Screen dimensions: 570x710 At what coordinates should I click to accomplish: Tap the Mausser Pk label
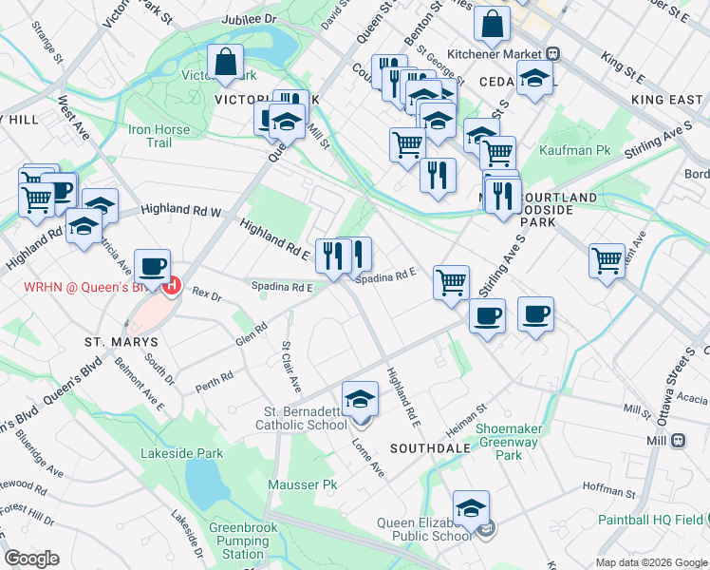[x=316, y=484]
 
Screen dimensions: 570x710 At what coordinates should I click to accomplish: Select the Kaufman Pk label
[x=574, y=150]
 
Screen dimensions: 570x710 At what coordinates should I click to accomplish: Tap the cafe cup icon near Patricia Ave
[x=152, y=266]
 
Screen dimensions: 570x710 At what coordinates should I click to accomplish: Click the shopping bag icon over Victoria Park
[x=225, y=63]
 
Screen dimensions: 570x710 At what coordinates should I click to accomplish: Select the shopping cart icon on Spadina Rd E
[x=451, y=282]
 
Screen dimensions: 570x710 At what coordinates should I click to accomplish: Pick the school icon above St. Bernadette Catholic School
[x=360, y=399]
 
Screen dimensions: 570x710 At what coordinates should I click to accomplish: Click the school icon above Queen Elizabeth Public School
[x=471, y=508]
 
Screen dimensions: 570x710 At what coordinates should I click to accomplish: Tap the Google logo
[x=31, y=558]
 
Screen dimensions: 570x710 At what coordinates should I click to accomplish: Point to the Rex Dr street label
[x=206, y=295]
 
